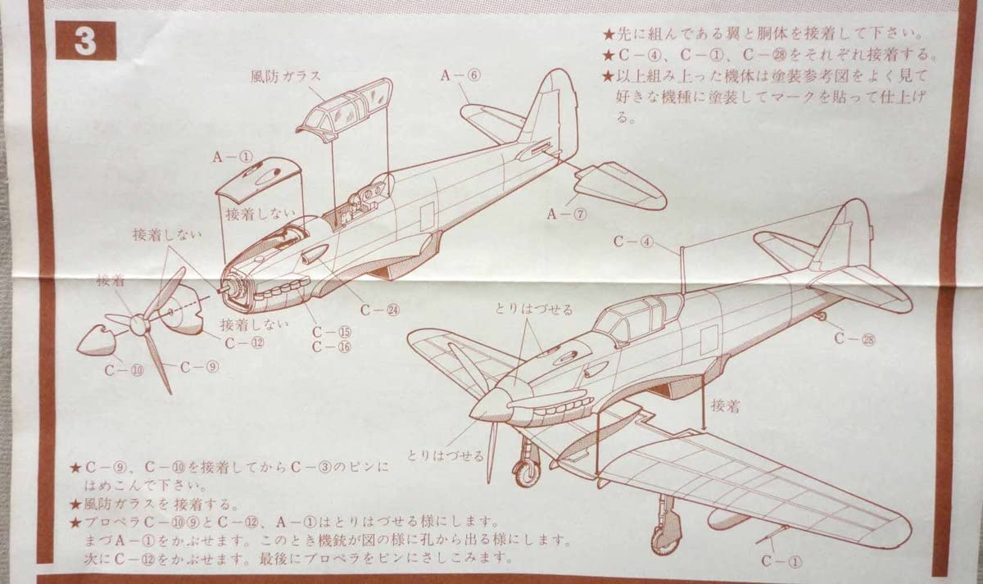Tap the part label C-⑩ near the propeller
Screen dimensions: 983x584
click(x=124, y=369)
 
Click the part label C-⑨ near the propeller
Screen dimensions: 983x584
click(x=199, y=367)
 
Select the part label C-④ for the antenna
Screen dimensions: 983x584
click(x=632, y=242)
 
